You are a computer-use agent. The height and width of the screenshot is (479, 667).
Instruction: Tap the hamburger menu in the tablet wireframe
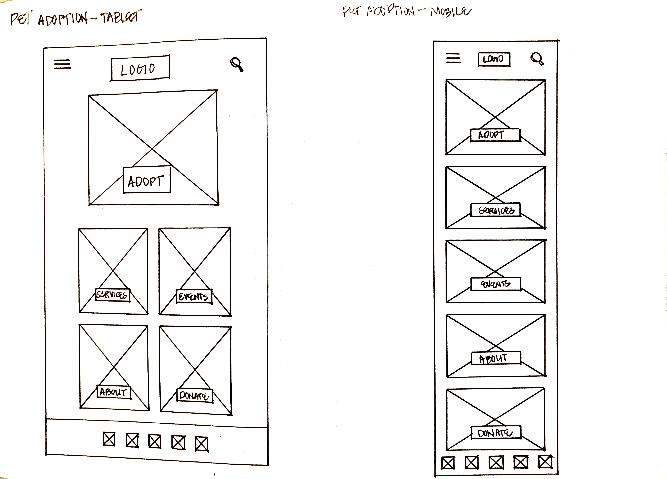[62, 64]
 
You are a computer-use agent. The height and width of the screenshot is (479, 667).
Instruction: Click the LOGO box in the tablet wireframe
[140, 68]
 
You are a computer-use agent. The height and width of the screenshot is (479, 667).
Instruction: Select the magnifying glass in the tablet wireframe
[237, 64]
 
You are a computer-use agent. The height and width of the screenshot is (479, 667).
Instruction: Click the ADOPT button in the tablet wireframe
[146, 180]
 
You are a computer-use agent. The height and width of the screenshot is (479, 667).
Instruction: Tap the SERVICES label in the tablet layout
[112, 295]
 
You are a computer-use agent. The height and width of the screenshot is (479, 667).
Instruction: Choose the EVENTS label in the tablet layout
[194, 297]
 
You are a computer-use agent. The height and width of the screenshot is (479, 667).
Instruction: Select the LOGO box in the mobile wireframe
[494, 59]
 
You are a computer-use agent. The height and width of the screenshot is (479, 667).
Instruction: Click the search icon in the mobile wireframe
[537, 59]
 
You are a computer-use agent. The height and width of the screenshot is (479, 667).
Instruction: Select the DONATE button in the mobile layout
[496, 433]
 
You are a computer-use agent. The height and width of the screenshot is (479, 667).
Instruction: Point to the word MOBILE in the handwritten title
[451, 12]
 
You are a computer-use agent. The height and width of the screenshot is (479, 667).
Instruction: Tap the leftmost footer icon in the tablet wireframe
[109, 439]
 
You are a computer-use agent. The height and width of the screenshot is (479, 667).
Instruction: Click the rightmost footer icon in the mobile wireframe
[546, 462]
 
